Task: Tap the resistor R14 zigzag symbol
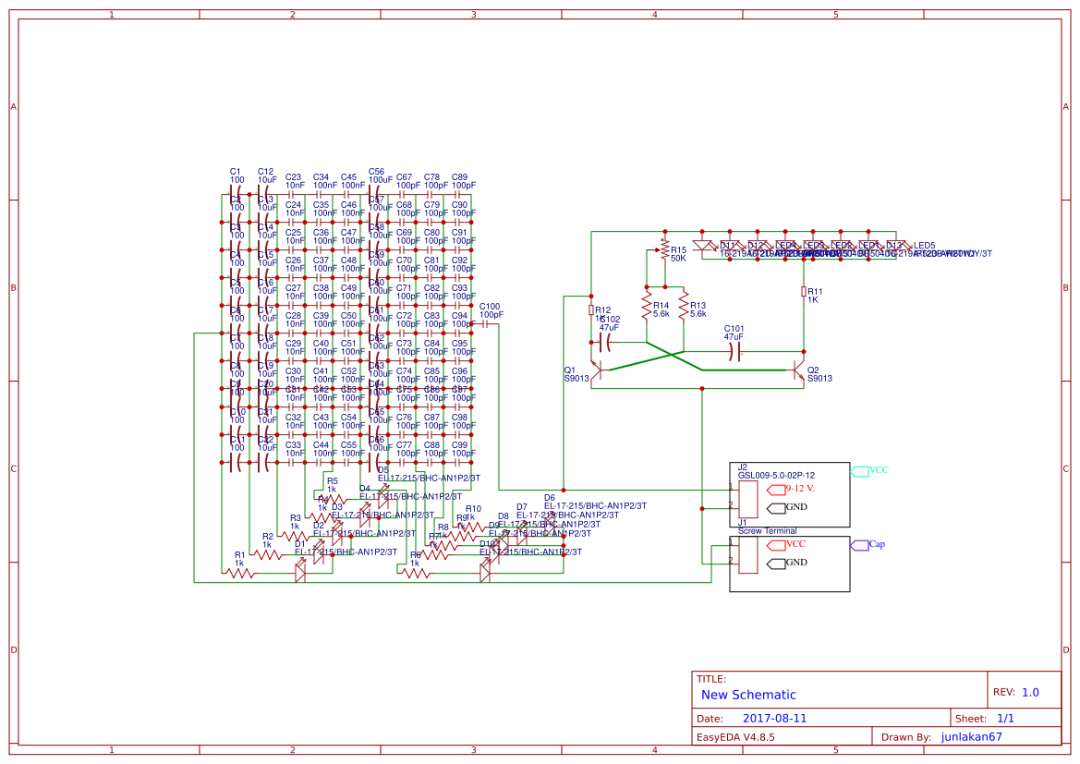coord(647,305)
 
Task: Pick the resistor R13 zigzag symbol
coord(684,305)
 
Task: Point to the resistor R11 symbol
coord(804,292)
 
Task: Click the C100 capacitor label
coord(489,307)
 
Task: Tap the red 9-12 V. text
coord(806,488)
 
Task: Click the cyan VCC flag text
coord(879,470)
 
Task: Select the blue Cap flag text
coord(877,544)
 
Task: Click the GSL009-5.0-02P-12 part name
coord(776,475)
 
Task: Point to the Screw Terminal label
coord(767,531)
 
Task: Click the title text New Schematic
coord(748,695)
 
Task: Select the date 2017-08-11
coord(774,718)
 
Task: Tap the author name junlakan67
coord(971,736)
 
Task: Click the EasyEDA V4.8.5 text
coord(735,737)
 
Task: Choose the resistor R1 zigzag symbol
coord(240,573)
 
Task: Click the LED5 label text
coord(925,245)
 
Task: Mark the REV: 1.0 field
coord(1016,692)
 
